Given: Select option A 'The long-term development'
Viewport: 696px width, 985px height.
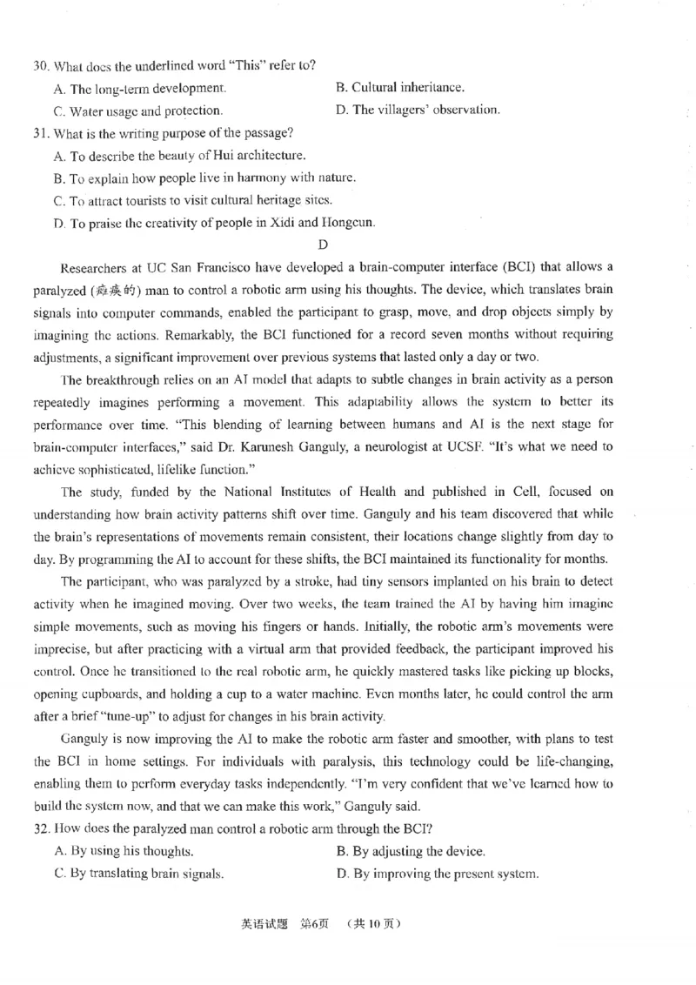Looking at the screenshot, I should (139, 88).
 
